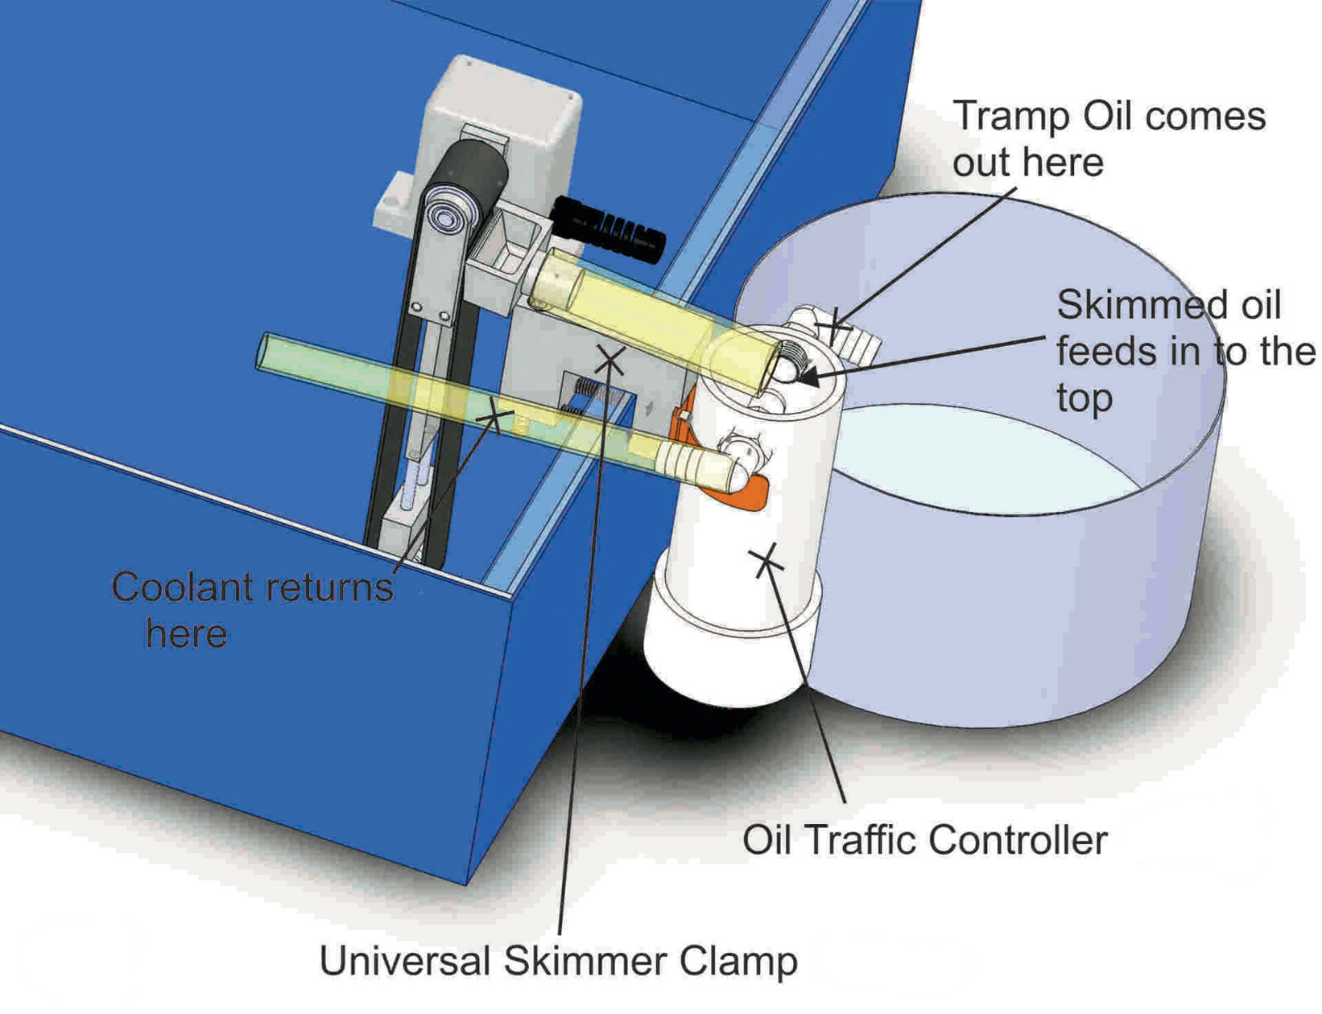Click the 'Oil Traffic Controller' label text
coord(924,841)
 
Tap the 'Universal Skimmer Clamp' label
coord(558,961)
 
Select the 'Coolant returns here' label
coord(251,609)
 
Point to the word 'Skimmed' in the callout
coord(1130,306)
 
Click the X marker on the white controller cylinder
coord(767,561)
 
